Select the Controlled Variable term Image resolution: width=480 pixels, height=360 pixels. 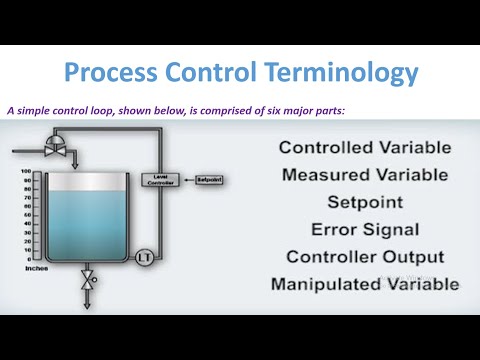click(364, 148)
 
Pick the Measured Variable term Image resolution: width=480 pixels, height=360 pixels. click(364, 176)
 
